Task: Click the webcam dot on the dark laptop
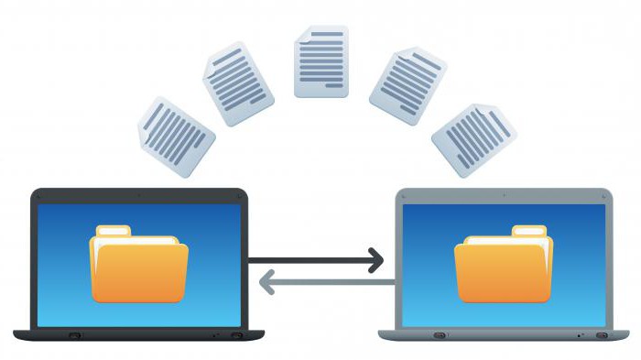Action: (x=139, y=195)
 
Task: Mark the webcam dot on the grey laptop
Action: (x=505, y=195)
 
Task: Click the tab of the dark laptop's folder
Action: (x=113, y=230)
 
